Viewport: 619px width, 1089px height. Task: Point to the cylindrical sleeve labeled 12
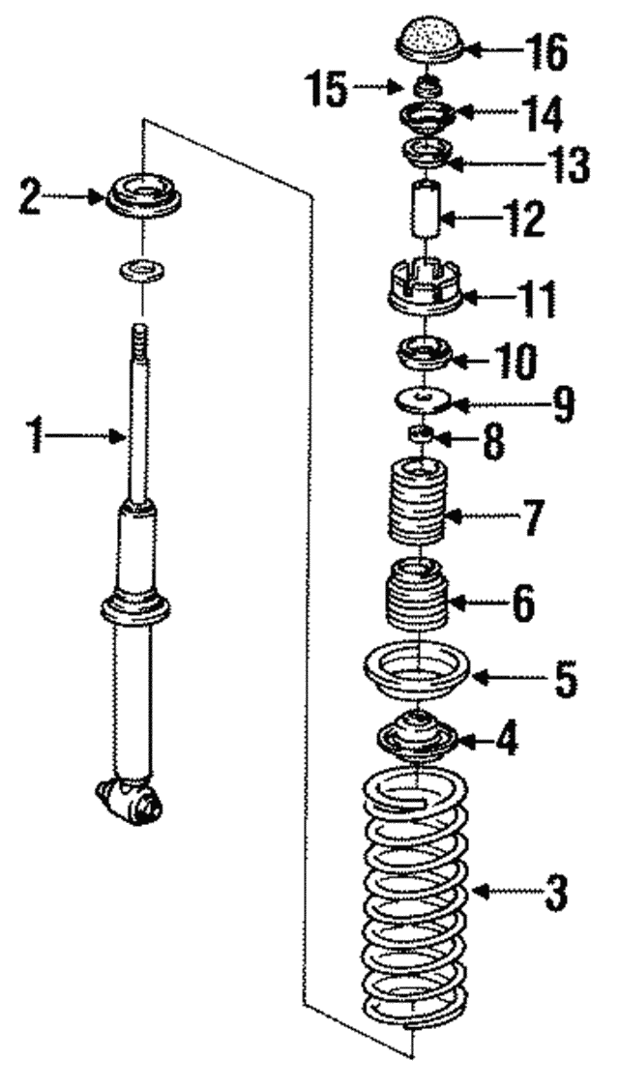[x=423, y=206]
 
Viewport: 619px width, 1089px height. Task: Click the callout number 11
[x=535, y=301]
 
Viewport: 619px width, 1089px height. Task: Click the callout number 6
[x=523, y=603]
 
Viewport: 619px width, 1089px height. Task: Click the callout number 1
[x=37, y=438]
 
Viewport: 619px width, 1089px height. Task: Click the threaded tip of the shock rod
[x=141, y=342]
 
